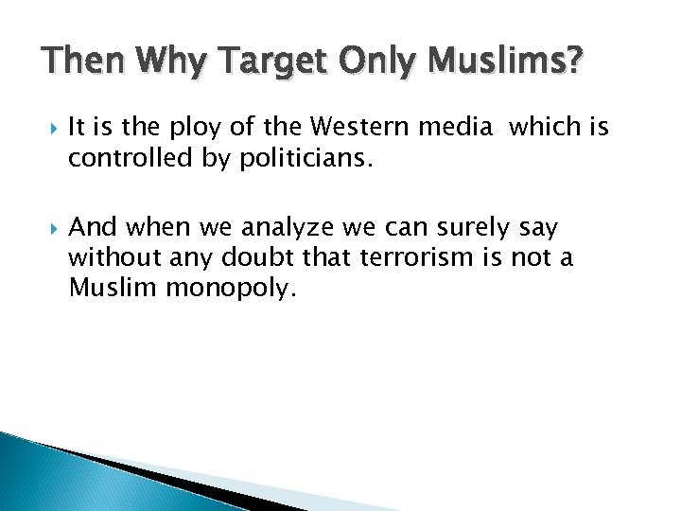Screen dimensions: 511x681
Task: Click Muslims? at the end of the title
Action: (x=506, y=63)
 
